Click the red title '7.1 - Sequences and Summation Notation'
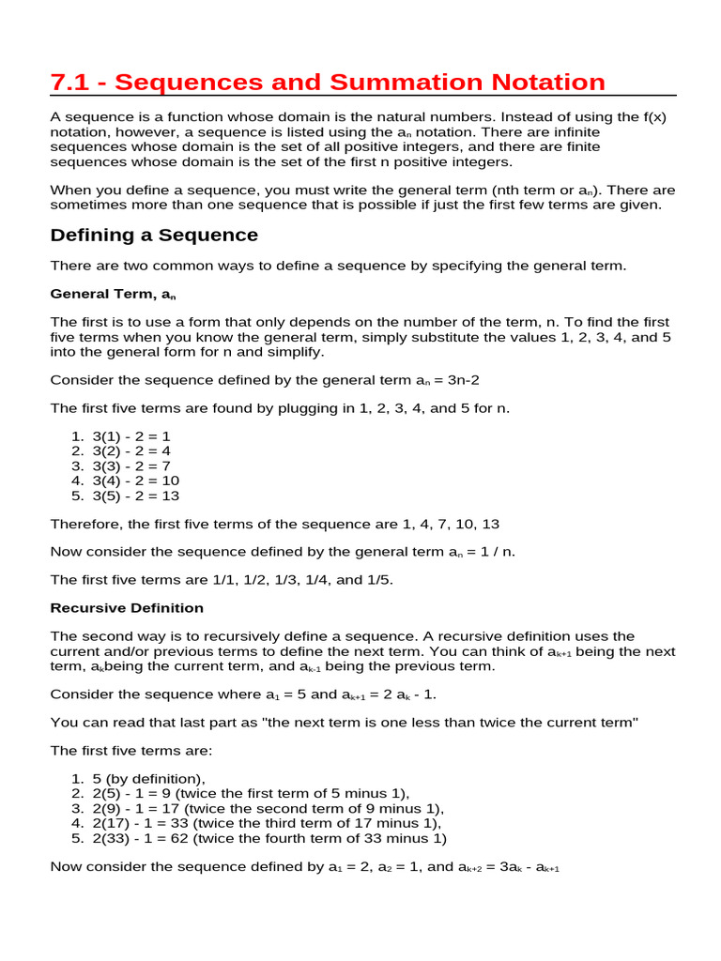pos(328,82)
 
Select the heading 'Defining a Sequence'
pos(154,235)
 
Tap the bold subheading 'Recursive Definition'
pos(127,608)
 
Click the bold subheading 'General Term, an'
pos(113,294)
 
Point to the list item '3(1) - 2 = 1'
pos(131,436)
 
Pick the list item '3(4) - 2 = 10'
pos(135,480)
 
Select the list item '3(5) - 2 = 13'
pos(135,496)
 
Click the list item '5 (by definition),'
pos(148,779)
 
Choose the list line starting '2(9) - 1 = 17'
pos(268,808)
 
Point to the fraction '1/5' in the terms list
pos(377,580)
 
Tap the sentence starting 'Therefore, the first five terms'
pos(281,524)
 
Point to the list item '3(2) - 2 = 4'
pos(131,451)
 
